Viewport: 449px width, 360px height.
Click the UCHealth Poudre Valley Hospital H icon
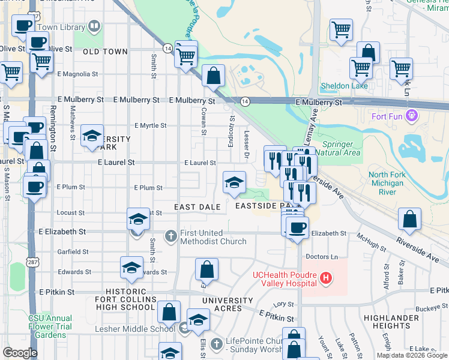(x=326, y=278)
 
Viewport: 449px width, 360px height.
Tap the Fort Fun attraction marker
(x=411, y=115)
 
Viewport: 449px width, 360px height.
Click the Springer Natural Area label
(x=342, y=148)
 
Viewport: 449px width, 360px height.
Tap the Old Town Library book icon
(x=94, y=26)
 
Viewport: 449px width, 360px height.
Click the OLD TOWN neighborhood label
(x=105, y=52)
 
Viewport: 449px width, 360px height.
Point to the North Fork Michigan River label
(x=391, y=183)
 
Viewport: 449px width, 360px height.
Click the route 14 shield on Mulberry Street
(x=245, y=103)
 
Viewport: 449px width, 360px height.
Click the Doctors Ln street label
(x=323, y=257)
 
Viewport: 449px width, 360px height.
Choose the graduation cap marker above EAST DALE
(x=234, y=182)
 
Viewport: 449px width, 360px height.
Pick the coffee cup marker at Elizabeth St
(x=297, y=227)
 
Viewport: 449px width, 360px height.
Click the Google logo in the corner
(x=20, y=353)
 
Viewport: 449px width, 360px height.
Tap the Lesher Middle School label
(x=135, y=329)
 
